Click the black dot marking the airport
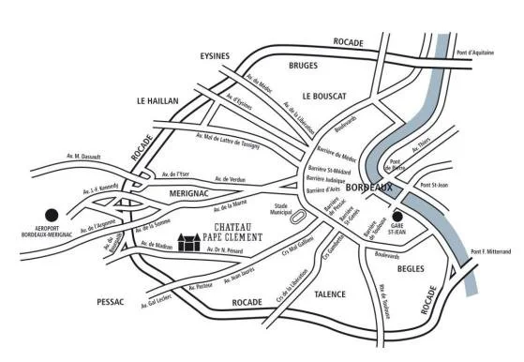point(52,214)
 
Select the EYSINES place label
point(215,56)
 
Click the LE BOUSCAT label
point(324,96)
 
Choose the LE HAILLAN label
point(163,100)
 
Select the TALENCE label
point(330,294)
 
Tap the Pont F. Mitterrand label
point(491,250)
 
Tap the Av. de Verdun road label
point(231,178)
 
